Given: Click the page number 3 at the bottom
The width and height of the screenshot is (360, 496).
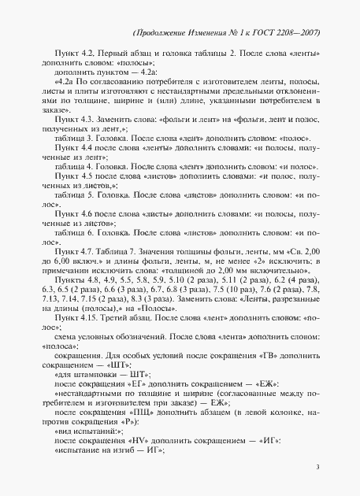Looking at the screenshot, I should (317, 468).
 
